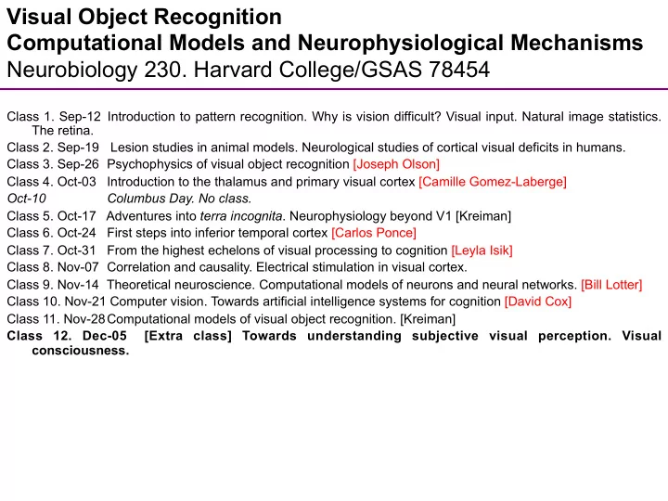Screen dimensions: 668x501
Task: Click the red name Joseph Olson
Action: (396, 164)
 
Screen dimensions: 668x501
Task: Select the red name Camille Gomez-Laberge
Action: (493, 182)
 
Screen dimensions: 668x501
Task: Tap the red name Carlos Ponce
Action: (374, 233)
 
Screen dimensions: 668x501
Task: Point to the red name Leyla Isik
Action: (482, 250)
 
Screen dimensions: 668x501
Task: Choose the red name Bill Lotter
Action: (611, 285)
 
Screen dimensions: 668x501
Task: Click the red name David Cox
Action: (537, 302)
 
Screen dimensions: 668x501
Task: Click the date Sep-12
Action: (80, 116)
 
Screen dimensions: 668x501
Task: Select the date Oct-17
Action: (77, 216)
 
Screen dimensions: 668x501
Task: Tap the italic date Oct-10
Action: (27, 199)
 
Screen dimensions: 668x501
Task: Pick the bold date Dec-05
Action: (105, 336)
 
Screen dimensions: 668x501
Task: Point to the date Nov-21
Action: (84, 302)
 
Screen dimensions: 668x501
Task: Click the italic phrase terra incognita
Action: (241, 216)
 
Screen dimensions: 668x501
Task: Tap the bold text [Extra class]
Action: (187, 336)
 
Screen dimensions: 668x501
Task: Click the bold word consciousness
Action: (81, 351)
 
